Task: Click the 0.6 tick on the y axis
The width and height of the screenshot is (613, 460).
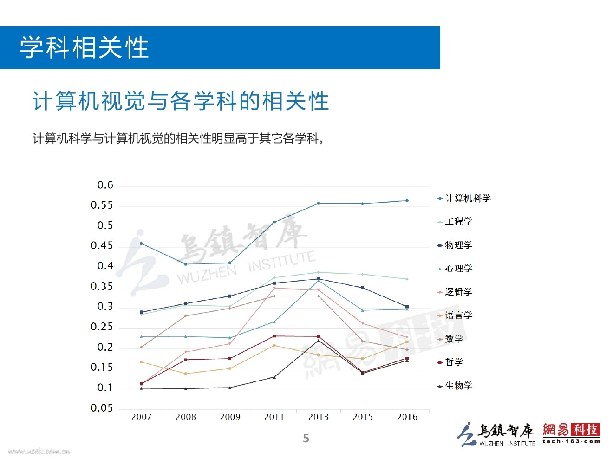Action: tap(105, 185)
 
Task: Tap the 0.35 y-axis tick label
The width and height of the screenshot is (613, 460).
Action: tap(102, 286)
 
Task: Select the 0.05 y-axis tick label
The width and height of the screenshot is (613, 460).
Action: tap(102, 408)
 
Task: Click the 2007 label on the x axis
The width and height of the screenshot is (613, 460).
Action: tap(142, 417)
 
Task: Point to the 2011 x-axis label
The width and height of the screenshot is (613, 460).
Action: tap(274, 417)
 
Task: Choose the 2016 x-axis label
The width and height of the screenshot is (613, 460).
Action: tap(407, 417)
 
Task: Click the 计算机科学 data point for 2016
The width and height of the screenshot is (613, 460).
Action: tap(407, 201)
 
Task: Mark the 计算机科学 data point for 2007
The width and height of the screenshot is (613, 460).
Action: tap(141, 243)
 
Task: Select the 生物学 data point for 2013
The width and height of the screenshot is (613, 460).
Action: tap(318, 341)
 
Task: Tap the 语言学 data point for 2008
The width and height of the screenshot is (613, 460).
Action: tap(186, 374)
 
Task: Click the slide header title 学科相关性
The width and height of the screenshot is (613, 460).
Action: tap(84, 47)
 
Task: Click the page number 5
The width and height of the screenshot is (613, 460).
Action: tap(306, 438)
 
